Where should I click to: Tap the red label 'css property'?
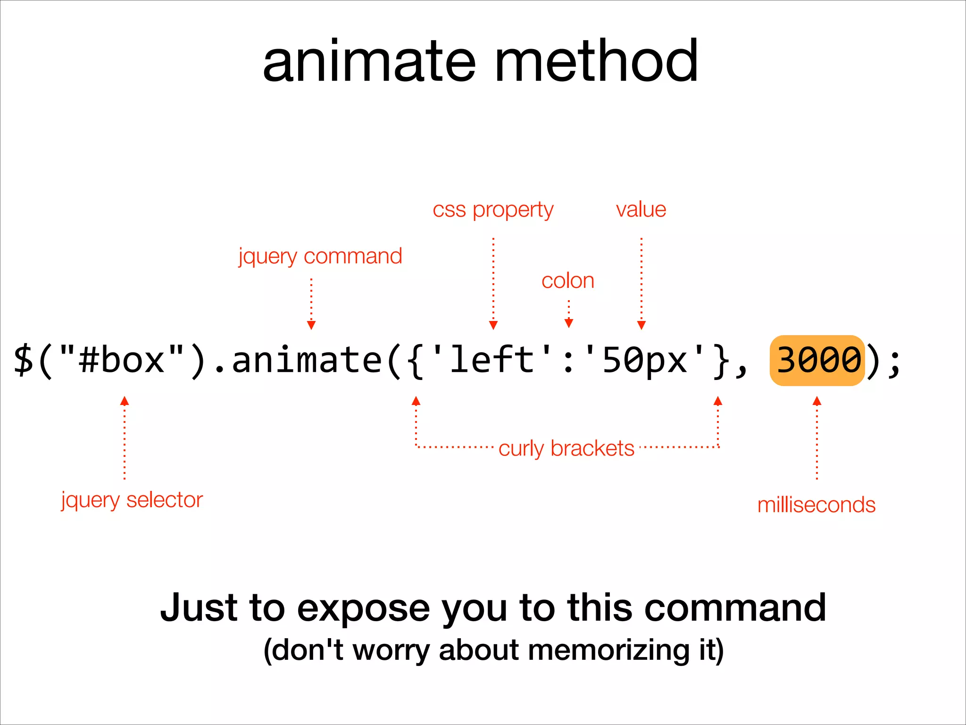tap(493, 210)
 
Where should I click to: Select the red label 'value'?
tap(641, 209)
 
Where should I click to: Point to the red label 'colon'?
tap(568, 281)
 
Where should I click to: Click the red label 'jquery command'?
tap(320, 256)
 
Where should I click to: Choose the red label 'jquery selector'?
tap(132, 500)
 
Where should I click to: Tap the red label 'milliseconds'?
tap(816, 505)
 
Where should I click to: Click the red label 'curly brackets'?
tap(566, 448)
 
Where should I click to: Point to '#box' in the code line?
tap(122, 360)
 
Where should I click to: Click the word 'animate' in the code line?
tap(307, 360)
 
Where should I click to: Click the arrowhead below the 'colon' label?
tap(569, 323)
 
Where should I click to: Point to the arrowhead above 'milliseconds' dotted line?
tap(817, 401)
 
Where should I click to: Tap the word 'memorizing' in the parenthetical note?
tap(608, 650)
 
